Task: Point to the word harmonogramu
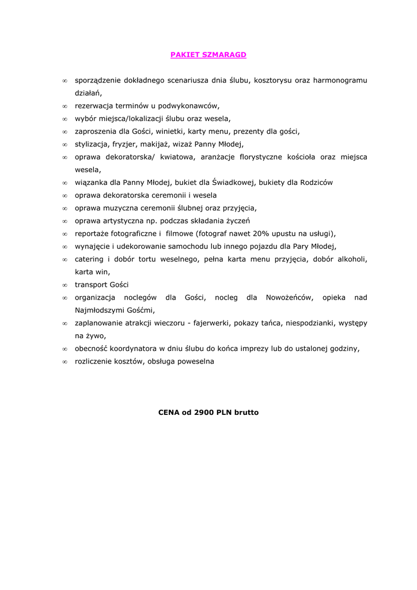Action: (340, 81)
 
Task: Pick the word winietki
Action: (169, 131)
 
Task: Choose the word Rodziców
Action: (316, 183)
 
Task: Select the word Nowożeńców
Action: (289, 297)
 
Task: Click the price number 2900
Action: (204, 413)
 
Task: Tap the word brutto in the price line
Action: (246, 413)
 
